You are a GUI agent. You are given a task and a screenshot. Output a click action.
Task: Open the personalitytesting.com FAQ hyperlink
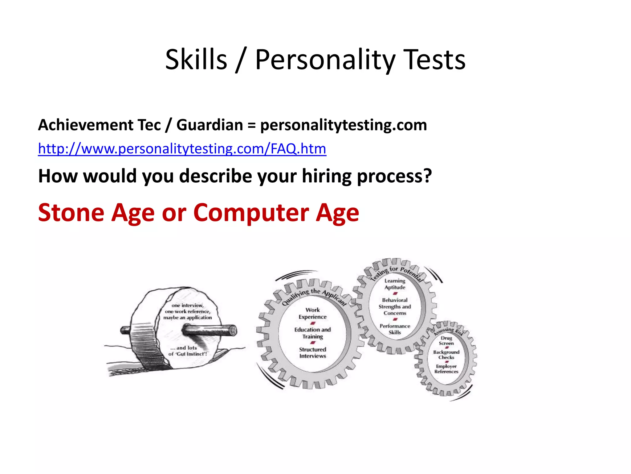(182, 149)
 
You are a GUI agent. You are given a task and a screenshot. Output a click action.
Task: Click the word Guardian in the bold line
(210, 125)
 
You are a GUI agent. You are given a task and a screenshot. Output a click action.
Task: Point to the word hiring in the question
(326, 176)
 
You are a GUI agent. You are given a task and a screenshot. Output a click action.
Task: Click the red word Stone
(71, 213)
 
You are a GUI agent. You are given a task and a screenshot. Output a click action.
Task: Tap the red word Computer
(251, 213)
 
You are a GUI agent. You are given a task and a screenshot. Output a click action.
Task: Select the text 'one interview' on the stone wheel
(187, 305)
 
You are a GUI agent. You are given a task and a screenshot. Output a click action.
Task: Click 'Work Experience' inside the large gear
(312, 313)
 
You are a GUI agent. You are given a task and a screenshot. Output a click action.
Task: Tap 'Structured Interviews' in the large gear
(312, 352)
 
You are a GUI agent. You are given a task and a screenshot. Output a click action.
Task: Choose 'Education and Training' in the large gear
(312, 333)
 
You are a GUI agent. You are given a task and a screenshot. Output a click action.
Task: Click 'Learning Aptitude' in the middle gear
(395, 284)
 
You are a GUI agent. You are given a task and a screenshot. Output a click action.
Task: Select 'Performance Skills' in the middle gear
(395, 329)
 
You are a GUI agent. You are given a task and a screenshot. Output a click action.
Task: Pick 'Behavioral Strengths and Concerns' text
(395, 306)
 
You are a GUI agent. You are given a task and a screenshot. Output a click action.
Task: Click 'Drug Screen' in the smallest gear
(446, 340)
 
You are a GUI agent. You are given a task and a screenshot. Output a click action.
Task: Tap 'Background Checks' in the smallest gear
(446, 355)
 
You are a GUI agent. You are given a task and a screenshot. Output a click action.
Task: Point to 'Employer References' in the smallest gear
(446, 369)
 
